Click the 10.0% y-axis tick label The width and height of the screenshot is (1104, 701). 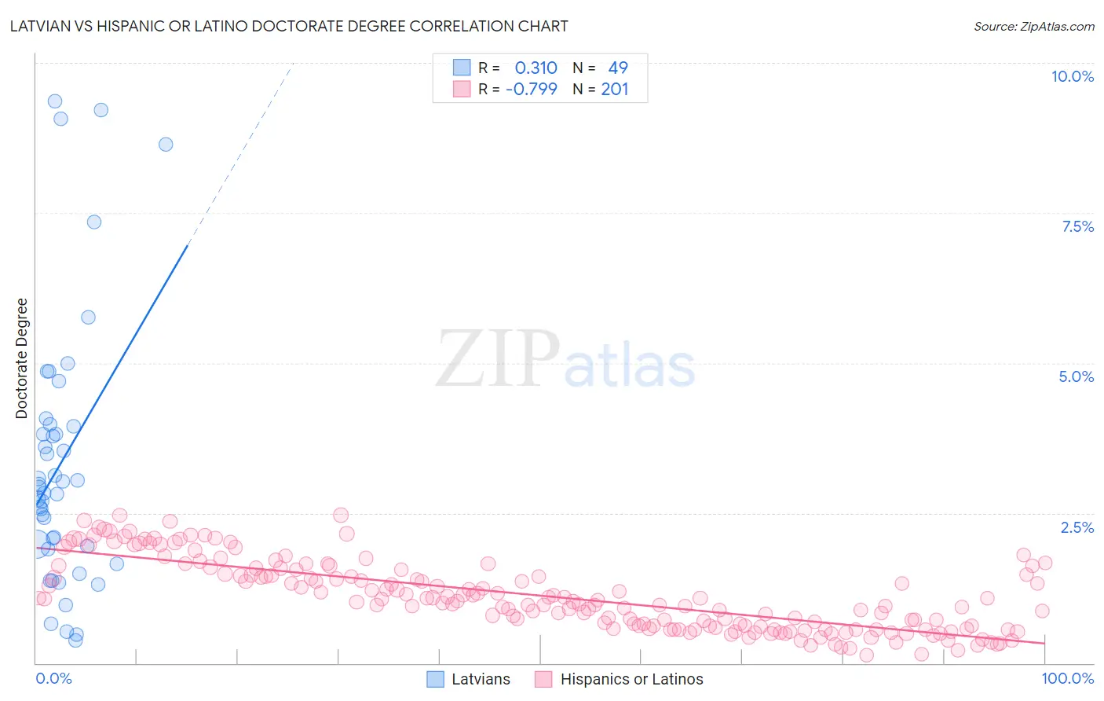(x=1072, y=76)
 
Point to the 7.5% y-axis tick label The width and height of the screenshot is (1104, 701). (x=1077, y=226)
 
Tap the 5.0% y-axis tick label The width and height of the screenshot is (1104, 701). (x=1076, y=376)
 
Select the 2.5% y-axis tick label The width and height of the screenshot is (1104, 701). (x=1077, y=527)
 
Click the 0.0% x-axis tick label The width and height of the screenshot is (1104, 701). (x=53, y=678)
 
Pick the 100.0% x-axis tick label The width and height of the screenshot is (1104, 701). (x=1067, y=678)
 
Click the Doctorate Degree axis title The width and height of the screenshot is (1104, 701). (x=21, y=358)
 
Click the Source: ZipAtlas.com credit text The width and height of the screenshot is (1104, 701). (x=1033, y=27)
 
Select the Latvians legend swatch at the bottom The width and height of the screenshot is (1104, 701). (x=436, y=679)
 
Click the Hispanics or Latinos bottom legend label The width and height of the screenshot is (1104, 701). (x=631, y=679)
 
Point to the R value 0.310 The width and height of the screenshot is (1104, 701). (x=536, y=68)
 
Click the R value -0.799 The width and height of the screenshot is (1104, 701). (x=532, y=89)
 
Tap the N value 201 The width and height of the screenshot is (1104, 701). (x=615, y=89)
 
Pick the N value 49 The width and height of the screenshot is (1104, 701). (x=618, y=68)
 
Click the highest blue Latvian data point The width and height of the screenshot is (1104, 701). (x=55, y=101)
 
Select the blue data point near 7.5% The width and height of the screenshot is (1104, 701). (x=94, y=222)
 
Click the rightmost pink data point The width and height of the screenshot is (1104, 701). (x=1045, y=563)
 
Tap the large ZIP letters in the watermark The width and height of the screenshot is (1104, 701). (x=498, y=359)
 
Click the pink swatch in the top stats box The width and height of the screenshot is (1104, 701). (x=462, y=89)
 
